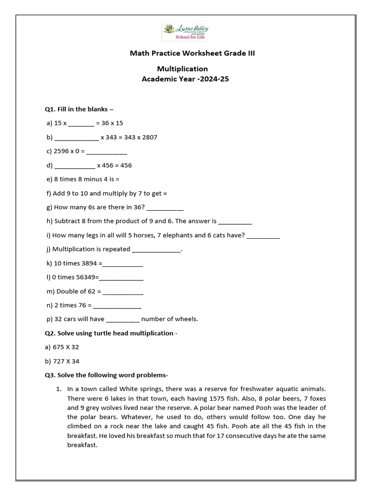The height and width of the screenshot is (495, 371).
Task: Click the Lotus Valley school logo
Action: [x=185, y=32]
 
